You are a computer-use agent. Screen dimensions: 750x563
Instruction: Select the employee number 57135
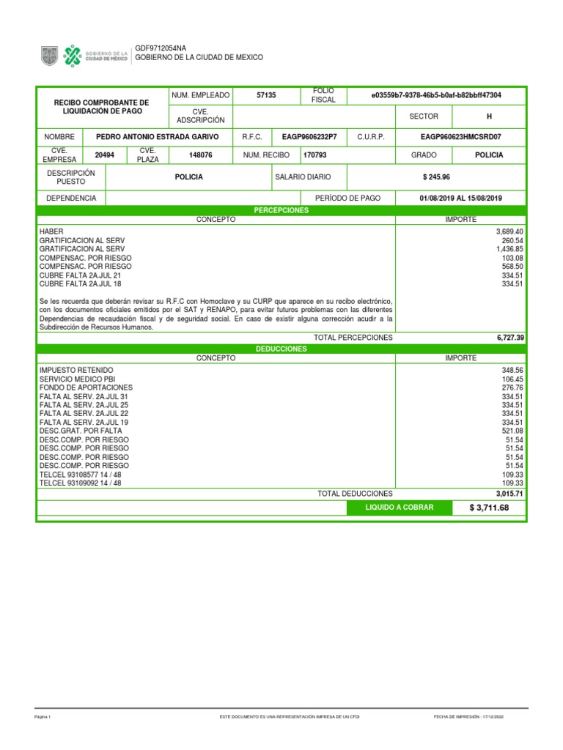click(x=266, y=96)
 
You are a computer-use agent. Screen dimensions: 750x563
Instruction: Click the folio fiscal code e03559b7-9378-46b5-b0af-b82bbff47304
click(x=437, y=96)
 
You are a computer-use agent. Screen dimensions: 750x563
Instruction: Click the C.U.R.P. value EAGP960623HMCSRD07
click(x=461, y=136)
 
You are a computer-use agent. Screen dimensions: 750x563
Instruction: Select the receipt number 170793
click(x=317, y=155)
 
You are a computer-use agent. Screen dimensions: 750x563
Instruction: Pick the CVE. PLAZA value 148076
click(x=201, y=155)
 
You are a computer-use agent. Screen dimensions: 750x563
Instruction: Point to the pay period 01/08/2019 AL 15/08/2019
click(x=461, y=198)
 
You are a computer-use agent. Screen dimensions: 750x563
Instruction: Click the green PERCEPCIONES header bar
click(x=281, y=210)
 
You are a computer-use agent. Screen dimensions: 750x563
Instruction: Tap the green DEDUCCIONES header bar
click(x=281, y=349)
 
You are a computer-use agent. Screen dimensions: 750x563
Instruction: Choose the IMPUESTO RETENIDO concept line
click(x=76, y=371)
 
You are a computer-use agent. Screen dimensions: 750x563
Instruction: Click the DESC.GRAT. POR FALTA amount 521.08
click(x=512, y=431)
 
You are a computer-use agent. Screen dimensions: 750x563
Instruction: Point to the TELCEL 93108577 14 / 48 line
click(x=81, y=475)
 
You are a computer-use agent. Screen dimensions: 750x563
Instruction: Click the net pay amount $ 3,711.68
click(x=489, y=508)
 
